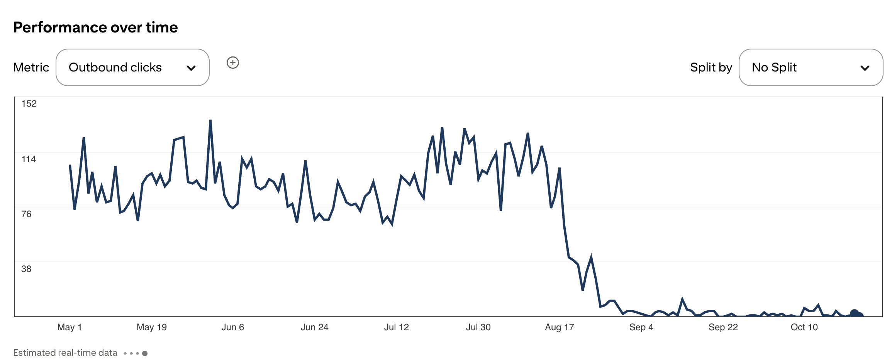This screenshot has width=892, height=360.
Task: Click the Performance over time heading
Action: [x=95, y=27]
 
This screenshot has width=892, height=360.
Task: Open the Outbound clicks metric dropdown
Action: [x=132, y=67]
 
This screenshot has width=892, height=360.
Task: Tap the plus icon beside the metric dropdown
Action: [x=232, y=63]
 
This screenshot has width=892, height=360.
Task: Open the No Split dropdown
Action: [x=810, y=67]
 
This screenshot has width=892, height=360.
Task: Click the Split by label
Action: [x=711, y=67]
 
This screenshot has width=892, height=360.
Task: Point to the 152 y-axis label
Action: [x=29, y=104]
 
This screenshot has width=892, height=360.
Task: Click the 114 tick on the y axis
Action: [x=29, y=159]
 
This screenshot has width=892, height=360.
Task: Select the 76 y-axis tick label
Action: [x=26, y=214]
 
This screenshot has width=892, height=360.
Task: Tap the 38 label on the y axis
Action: [x=26, y=269]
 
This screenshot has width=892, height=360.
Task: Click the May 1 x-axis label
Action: [x=70, y=327]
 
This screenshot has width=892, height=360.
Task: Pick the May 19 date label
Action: [x=151, y=327]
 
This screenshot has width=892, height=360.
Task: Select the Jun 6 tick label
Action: [x=232, y=327]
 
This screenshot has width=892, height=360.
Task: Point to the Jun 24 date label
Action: [x=314, y=327]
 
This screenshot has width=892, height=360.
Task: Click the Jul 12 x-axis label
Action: [x=396, y=327]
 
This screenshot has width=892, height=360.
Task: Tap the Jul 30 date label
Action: [x=478, y=327]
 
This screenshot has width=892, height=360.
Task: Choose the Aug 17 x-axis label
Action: [x=559, y=327]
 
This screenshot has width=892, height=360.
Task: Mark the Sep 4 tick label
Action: [x=641, y=327]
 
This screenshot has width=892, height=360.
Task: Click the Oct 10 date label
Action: [x=804, y=327]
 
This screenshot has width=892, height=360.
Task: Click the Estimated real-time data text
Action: [x=65, y=353]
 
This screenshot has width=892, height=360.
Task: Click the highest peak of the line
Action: [x=210, y=121]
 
